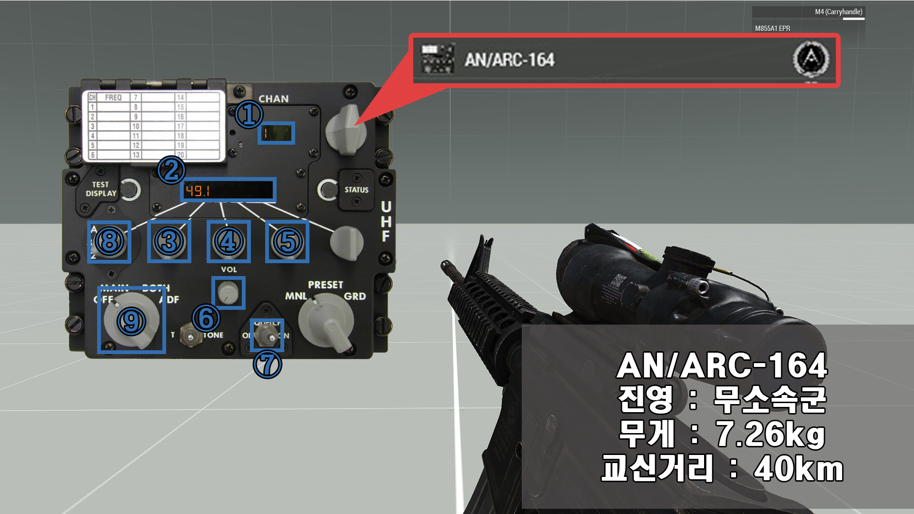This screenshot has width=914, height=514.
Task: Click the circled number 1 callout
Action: point(249,114)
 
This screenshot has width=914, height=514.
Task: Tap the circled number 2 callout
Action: point(171,170)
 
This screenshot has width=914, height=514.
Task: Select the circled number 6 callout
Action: point(206,318)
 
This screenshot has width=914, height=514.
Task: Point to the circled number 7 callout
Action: point(268,365)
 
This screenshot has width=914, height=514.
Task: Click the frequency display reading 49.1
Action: point(228,190)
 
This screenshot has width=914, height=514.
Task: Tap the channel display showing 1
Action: point(276,133)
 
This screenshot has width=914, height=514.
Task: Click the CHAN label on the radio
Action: point(273,99)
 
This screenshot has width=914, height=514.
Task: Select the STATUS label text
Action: point(357,190)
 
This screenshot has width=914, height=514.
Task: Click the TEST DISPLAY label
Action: point(101,189)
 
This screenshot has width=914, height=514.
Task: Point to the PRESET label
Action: point(326,285)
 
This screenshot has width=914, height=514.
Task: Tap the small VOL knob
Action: point(228,292)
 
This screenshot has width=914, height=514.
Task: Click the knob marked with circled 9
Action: point(131,320)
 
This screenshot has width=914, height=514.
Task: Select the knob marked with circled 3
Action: point(169,241)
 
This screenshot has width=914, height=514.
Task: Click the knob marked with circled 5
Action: point(287,241)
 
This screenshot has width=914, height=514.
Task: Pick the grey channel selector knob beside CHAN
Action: point(346,130)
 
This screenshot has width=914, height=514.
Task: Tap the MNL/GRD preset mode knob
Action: point(327,321)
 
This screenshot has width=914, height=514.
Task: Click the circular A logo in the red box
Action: point(811,59)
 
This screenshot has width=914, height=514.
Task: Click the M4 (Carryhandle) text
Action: point(838,12)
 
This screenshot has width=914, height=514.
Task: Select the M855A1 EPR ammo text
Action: point(772,29)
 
